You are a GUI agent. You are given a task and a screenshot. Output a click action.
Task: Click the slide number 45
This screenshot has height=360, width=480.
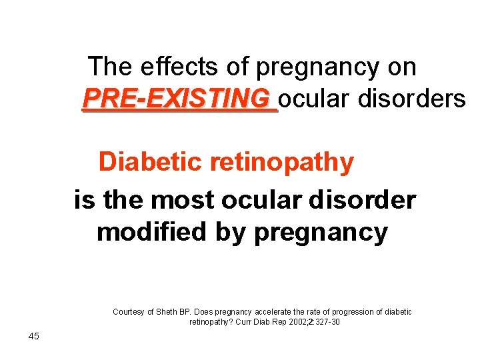34,336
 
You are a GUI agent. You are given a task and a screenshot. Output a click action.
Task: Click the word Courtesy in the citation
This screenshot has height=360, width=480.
129,312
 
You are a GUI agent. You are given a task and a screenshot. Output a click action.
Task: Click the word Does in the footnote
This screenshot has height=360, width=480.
202,312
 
